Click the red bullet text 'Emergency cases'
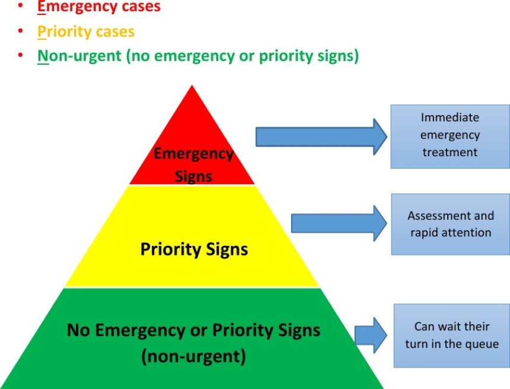coord(99,7)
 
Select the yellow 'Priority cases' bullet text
coord(86,32)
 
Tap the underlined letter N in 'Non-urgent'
coord(43,56)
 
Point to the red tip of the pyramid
coord(192,86)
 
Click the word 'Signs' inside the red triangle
coord(193,176)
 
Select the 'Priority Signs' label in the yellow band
coord(194,249)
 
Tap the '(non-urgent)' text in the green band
coord(193,356)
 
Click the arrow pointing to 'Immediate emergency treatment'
coord(321,137)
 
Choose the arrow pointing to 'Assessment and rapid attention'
coord(339,223)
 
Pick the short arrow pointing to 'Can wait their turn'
coord(371,335)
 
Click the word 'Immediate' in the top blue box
coord(450,117)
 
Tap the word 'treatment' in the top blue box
coord(450,152)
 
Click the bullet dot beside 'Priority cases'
coord(21,31)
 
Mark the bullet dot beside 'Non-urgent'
coord(21,55)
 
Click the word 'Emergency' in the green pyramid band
coord(140,330)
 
